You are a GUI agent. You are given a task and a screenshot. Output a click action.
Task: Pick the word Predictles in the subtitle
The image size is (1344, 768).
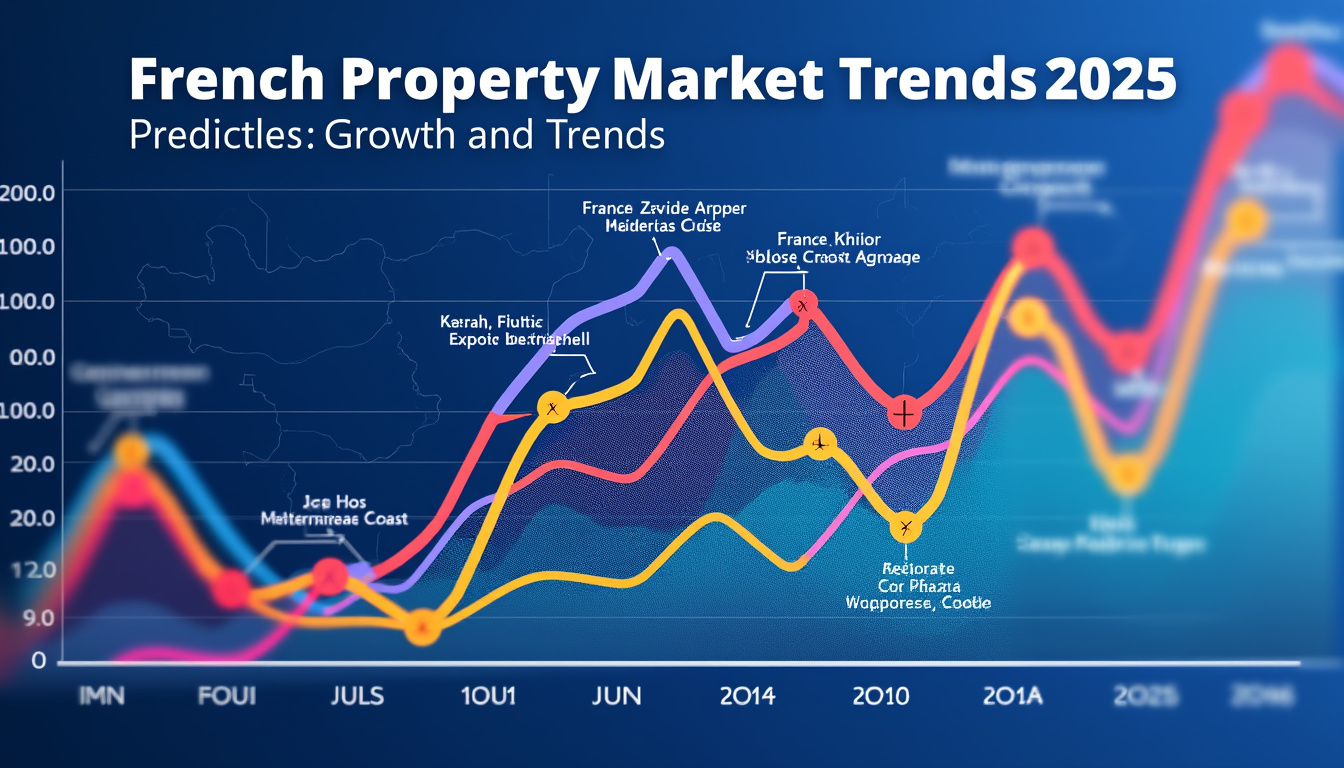[214, 134]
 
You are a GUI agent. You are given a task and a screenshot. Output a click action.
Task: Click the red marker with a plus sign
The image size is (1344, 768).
[903, 412]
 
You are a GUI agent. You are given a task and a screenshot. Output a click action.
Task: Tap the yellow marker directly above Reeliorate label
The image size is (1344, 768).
[906, 527]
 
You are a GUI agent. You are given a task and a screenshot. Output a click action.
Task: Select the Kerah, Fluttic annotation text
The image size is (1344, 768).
[491, 323]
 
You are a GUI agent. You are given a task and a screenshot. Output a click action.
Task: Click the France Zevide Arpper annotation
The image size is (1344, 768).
[664, 208]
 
